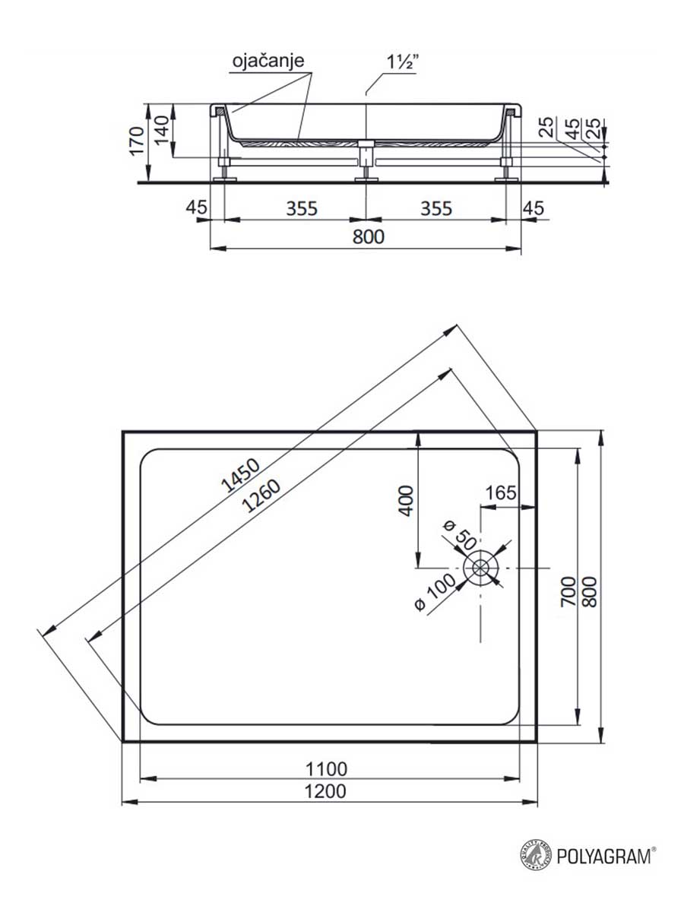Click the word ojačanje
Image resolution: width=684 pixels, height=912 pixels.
(268, 61)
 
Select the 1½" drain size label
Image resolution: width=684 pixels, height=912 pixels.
(401, 62)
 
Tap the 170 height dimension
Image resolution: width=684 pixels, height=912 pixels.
(137, 141)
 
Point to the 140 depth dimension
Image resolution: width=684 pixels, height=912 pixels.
(162, 130)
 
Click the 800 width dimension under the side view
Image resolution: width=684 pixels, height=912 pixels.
(369, 237)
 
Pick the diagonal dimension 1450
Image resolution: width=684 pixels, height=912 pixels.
(240, 475)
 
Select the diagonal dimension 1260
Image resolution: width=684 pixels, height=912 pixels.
(261, 496)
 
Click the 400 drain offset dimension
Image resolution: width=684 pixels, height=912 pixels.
(406, 501)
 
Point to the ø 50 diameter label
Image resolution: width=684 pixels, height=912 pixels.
(459, 535)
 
